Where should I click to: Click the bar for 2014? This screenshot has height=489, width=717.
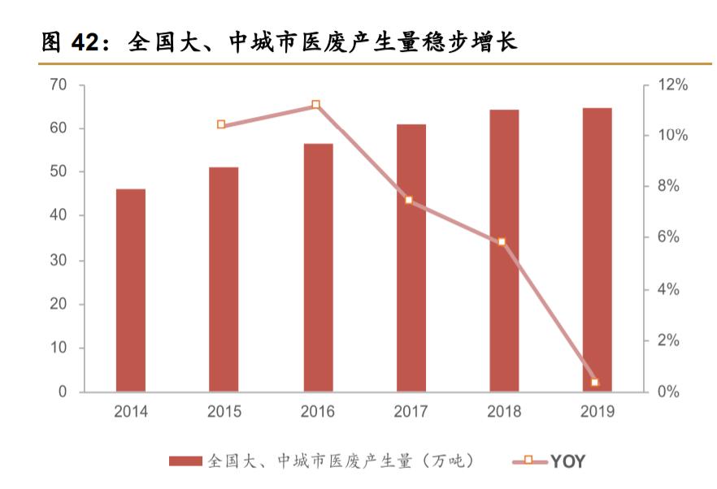131,291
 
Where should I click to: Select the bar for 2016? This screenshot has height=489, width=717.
318,268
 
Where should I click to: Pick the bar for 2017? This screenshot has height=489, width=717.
411,258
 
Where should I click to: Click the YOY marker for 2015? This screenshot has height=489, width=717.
221,124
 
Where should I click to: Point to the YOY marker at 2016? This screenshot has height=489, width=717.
315,105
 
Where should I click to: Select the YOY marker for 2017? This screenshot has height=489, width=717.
408,200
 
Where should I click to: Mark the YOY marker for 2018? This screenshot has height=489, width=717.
502,242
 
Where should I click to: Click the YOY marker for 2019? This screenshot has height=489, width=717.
595,382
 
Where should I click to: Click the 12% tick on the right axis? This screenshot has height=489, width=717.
672,84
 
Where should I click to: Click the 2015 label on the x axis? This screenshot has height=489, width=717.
224,412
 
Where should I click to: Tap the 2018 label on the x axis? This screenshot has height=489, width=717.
504,412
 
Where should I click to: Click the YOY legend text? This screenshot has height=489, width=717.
567,461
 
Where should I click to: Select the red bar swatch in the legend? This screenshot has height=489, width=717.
185,461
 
